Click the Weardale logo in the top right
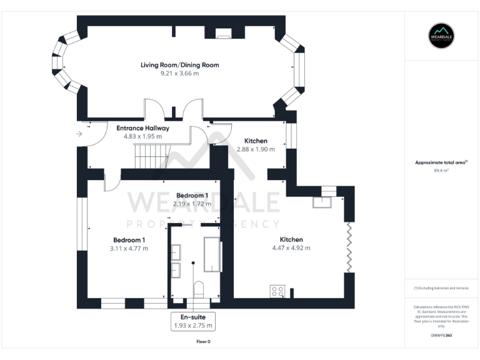pos(442,36)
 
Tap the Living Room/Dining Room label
pos(179,65)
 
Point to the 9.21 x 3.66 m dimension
pos(179,73)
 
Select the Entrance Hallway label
pos(142,128)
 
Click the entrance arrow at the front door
pos(79,134)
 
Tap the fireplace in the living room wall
pos(223,34)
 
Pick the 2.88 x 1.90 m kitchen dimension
pos(256,149)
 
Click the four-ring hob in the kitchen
pos(277,291)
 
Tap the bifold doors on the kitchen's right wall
pos(348,248)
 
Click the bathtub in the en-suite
pos(212,254)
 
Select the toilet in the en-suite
pos(199,289)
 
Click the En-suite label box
pos(193,321)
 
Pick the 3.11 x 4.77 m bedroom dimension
pos(130,248)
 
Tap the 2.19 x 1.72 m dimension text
pos(192,204)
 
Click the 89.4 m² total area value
pos(441,170)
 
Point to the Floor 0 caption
pos(203,342)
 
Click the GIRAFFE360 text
pos(441,336)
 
